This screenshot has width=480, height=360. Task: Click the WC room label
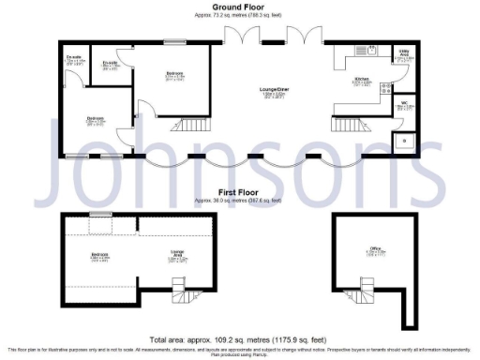pyautogui.click(x=403, y=104)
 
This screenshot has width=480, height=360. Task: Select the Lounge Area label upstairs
pyautogui.click(x=177, y=257)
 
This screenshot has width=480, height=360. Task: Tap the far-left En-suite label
pyautogui.click(x=74, y=59)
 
